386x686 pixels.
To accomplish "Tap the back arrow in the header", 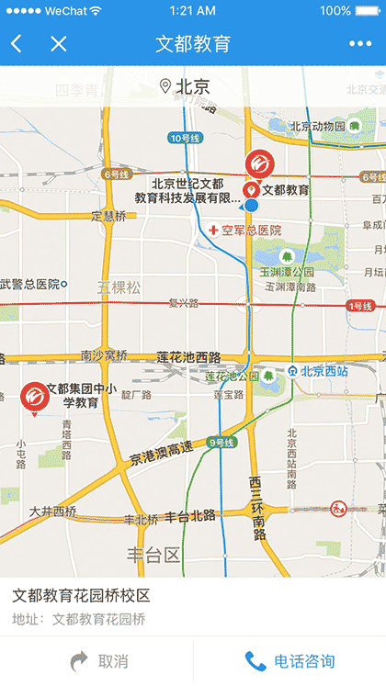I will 17,44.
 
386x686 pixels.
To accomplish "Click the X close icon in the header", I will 59,44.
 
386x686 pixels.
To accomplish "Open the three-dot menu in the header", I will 359,44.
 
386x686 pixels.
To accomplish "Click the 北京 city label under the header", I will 185,87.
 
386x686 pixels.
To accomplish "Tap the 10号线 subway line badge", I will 186,139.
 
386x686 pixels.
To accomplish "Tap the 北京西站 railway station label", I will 317,371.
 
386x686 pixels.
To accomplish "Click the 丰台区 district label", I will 153,554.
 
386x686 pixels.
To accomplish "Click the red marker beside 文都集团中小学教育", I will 35,397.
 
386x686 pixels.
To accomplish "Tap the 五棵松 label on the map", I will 120,287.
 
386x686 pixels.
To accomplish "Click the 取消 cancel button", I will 96,661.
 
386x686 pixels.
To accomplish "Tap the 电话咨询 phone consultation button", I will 289,661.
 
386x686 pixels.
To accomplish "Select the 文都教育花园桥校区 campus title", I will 81,596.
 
